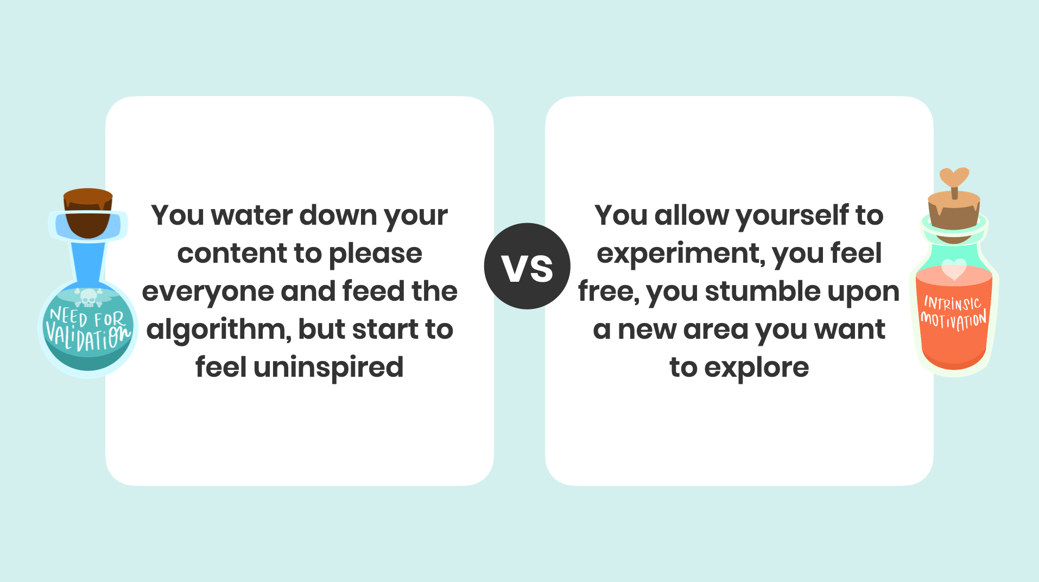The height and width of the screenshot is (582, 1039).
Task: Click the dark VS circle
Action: tap(527, 266)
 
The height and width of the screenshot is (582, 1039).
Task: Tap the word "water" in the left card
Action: tap(252, 216)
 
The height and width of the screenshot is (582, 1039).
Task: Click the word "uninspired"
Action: tap(328, 368)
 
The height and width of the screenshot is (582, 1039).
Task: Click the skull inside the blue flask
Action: tap(88, 298)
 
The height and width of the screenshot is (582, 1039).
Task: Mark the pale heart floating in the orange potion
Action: tap(954, 269)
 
